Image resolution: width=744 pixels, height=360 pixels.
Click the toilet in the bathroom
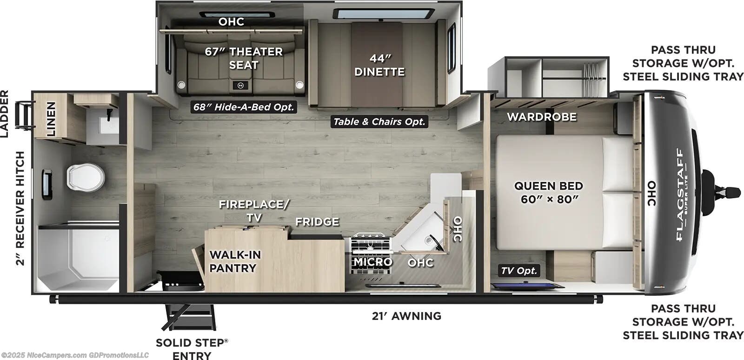[x=86, y=178]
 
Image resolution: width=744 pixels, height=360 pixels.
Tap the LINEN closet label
[x=51, y=119]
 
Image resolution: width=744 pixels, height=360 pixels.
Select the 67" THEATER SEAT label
[x=244, y=58]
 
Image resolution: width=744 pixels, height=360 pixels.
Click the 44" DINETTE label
[x=379, y=65]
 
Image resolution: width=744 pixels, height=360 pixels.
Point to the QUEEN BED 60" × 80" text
[x=549, y=192]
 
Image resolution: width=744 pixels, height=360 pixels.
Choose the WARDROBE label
[x=542, y=117]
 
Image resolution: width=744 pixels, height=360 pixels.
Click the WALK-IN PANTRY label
[x=235, y=261]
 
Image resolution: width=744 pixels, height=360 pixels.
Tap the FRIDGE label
[x=317, y=222]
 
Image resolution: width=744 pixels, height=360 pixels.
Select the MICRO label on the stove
[x=372, y=262]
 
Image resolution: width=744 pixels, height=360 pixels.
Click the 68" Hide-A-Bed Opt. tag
[x=244, y=107]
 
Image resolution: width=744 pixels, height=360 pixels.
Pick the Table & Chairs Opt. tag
[x=379, y=121]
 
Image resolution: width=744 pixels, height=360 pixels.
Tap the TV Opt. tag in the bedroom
[x=519, y=271]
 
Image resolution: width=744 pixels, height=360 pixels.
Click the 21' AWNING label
[x=406, y=316]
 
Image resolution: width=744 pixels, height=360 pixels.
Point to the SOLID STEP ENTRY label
[x=192, y=349]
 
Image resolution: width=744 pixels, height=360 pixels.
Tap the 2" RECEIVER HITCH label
[x=20, y=208]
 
